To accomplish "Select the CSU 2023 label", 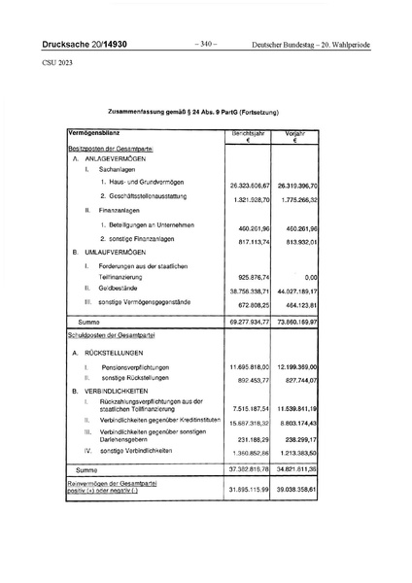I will point(56,63).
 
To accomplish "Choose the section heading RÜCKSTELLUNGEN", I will point(116,352).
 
